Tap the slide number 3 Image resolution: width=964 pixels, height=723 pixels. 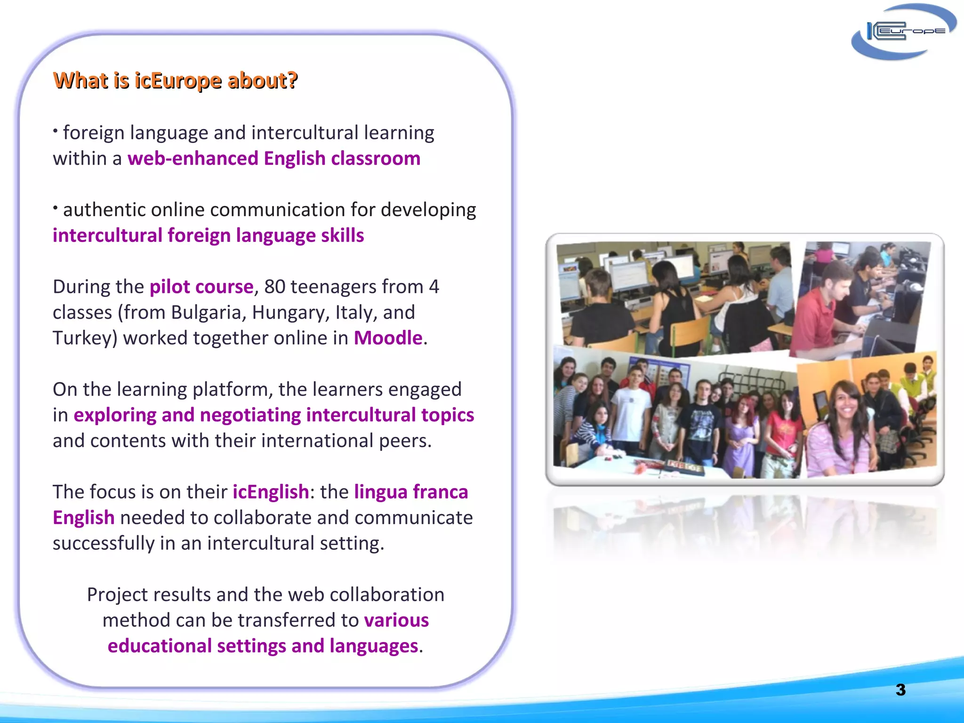pyautogui.click(x=900, y=690)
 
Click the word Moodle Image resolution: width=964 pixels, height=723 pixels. pyautogui.click(x=388, y=338)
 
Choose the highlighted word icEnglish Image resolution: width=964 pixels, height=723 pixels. pyautogui.click(x=271, y=492)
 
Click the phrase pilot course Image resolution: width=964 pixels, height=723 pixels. pyautogui.click(x=201, y=287)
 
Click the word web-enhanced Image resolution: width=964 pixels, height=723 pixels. pyautogui.click(x=193, y=159)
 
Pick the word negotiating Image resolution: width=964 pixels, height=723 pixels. pyautogui.click(x=250, y=415)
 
